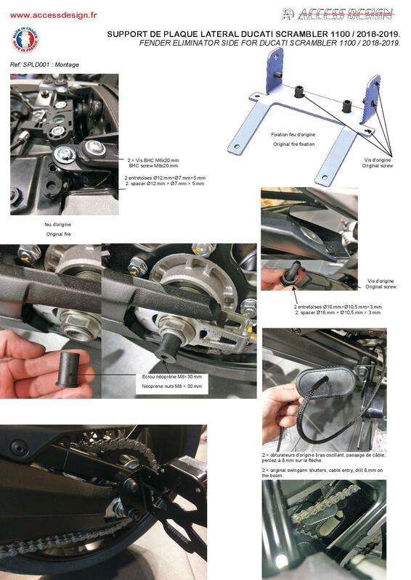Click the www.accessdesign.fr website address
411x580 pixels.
click(53, 15)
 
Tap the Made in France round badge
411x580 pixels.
click(25, 40)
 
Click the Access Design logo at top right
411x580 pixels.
click(337, 14)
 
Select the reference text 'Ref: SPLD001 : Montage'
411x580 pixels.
click(44, 65)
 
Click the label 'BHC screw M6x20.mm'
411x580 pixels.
click(153, 166)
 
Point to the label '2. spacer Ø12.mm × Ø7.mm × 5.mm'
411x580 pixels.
click(165, 183)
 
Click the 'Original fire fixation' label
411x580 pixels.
click(294, 144)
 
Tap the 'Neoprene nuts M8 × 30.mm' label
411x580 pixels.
click(171, 386)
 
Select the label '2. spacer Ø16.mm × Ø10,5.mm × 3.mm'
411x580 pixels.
click(338, 312)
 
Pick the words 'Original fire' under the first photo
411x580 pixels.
click(59, 234)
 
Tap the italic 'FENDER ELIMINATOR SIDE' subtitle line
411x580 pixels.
click(270, 43)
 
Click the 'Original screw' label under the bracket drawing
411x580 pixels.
click(378, 166)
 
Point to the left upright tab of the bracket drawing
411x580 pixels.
click(274, 70)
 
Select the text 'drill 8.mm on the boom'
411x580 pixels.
click(322, 473)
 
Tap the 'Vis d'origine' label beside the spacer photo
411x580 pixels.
click(381, 281)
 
